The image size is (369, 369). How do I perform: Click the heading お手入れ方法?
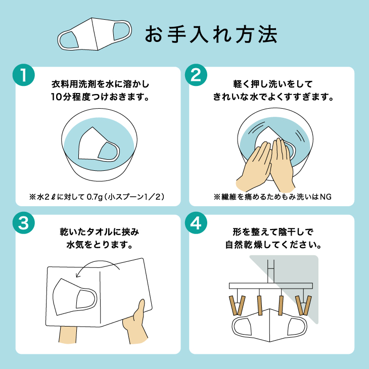(211, 34)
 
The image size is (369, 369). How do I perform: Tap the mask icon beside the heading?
(95, 34)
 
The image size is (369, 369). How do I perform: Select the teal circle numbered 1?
(24, 75)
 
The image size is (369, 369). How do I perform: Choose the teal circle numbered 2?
(196, 75)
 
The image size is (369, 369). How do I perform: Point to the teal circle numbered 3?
(24, 222)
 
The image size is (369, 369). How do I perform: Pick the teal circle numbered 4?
(196, 222)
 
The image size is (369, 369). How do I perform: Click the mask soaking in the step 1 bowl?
(99, 144)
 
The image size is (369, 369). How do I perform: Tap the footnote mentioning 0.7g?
(97, 197)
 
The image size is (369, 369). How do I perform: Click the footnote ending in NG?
(272, 197)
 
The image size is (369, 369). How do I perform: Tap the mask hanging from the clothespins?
(270, 326)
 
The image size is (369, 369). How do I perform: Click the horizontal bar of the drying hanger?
(271, 286)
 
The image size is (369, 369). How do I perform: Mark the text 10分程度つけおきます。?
(100, 97)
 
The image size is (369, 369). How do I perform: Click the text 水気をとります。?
(100, 245)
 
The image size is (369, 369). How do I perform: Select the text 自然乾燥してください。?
(273, 245)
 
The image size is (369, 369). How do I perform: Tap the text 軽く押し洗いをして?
(273, 84)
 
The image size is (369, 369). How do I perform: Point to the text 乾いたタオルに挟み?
(100, 232)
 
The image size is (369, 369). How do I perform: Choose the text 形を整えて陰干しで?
(273, 232)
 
